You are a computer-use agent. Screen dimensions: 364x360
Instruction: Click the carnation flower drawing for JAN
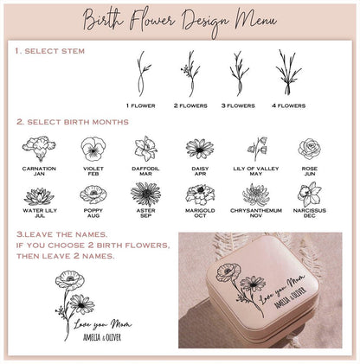tap(39, 148)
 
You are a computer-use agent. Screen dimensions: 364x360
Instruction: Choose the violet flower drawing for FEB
tap(93, 149)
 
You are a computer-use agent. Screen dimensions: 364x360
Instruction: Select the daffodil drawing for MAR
tap(145, 148)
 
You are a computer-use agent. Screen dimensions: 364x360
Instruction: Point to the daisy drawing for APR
tap(200, 148)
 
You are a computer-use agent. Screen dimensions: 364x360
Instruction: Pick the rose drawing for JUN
tap(309, 148)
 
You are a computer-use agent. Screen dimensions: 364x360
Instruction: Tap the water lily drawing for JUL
tap(39, 193)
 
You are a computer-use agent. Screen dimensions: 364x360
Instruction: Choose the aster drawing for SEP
tap(145, 193)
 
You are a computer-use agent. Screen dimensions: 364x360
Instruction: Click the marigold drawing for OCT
tap(200, 193)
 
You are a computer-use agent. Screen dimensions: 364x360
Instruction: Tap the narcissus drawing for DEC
tap(309, 193)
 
